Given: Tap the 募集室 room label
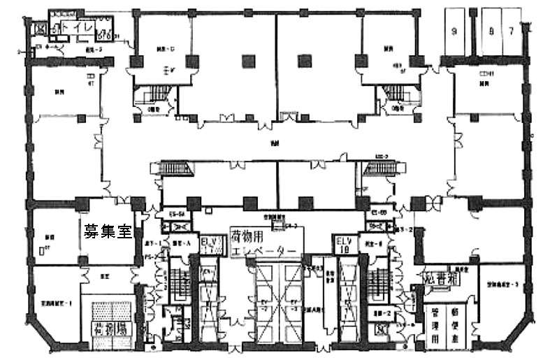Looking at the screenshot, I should click(x=108, y=231).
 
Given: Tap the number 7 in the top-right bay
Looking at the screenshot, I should click(x=512, y=30).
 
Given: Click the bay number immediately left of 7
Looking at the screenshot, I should click(x=492, y=30).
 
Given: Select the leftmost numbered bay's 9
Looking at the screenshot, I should click(x=454, y=30).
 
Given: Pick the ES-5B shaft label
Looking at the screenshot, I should click(x=377, y=211).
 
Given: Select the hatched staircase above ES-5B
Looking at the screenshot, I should click(x=384, y=168).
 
